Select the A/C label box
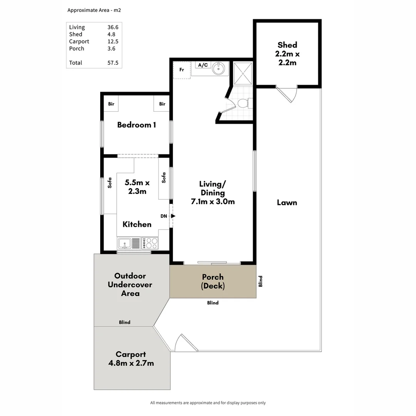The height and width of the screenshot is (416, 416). click(203, 65)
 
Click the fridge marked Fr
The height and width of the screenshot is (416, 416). click(182, 70)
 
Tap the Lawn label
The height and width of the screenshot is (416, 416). click(287, 203)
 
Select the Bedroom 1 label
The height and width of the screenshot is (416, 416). click(136, 125)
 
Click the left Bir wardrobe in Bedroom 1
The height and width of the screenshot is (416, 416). click(111, 104)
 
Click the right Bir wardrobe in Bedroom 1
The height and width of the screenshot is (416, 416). click(162, 104)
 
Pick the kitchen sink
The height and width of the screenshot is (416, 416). click(125, 243)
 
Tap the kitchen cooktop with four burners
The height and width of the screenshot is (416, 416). click(150, 243)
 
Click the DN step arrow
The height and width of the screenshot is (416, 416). click(173, 216)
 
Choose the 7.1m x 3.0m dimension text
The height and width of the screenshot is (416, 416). click(213, 201)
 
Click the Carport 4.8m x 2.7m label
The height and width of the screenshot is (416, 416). click(131, 359)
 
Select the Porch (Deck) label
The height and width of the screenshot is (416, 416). click(213, 282)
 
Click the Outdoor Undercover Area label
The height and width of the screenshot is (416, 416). click(130, 285)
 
